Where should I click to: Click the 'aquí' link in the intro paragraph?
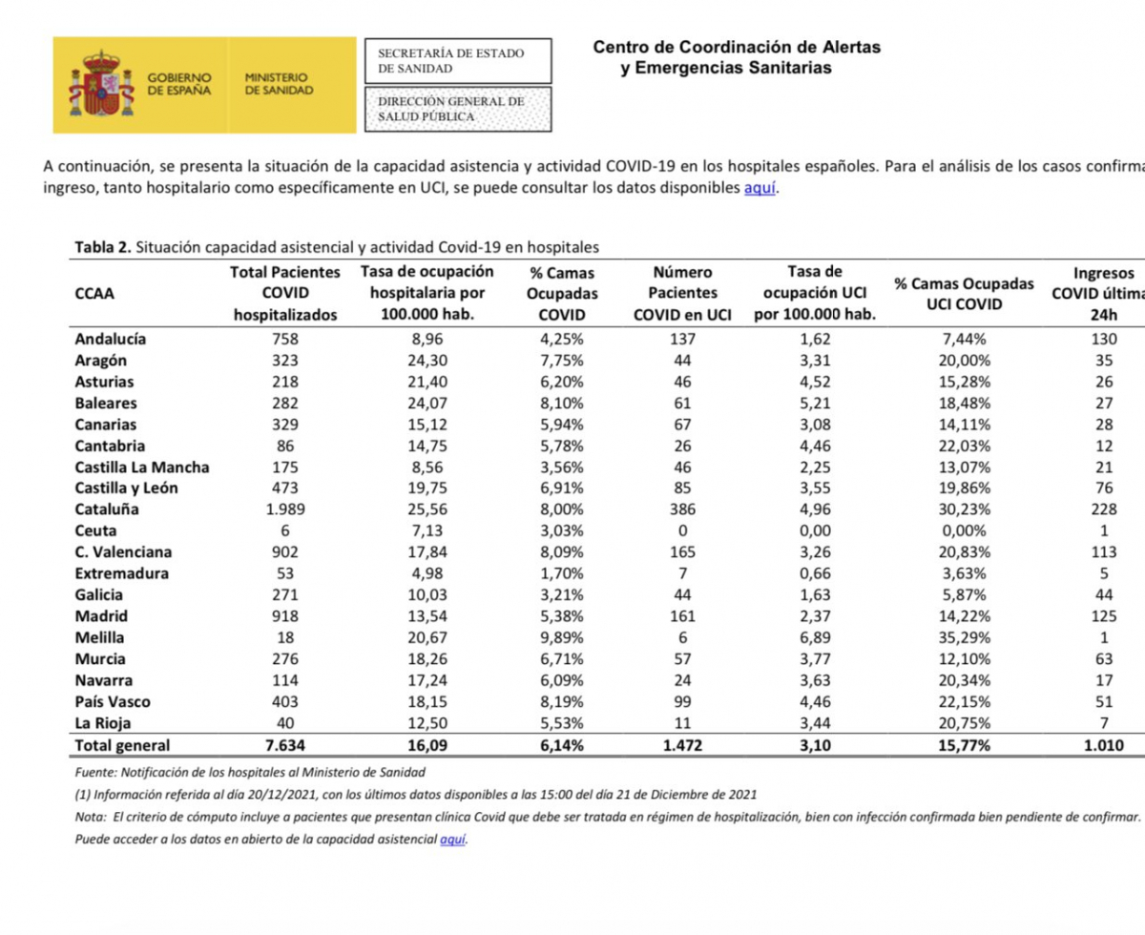pos(760,188)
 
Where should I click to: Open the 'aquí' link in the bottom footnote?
pos(453,840)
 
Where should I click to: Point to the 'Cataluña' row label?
pos(106,509)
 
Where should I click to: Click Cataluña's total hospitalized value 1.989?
pos(285,509)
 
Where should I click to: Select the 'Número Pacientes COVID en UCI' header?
pos(682,294)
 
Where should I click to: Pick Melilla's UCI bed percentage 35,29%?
pos(964,637)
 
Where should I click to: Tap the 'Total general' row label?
pos(122,746)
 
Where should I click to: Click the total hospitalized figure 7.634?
pos(285,746)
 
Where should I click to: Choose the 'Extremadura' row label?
pos(121,573)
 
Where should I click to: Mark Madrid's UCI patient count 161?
pos(682,616)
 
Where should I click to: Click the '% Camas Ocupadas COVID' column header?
pos(561,294)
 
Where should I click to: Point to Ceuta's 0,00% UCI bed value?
pos(964,530)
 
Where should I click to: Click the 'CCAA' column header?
pos(94,294)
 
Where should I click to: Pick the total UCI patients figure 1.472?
pos(682,746)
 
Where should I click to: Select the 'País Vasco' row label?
pos(113,702)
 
